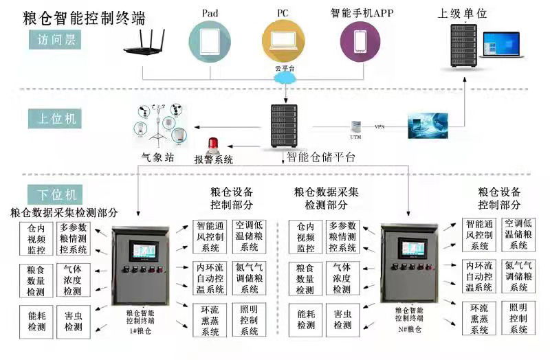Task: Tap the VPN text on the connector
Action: tap(379, 127)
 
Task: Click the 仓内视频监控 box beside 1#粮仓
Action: tap(36, 237)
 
